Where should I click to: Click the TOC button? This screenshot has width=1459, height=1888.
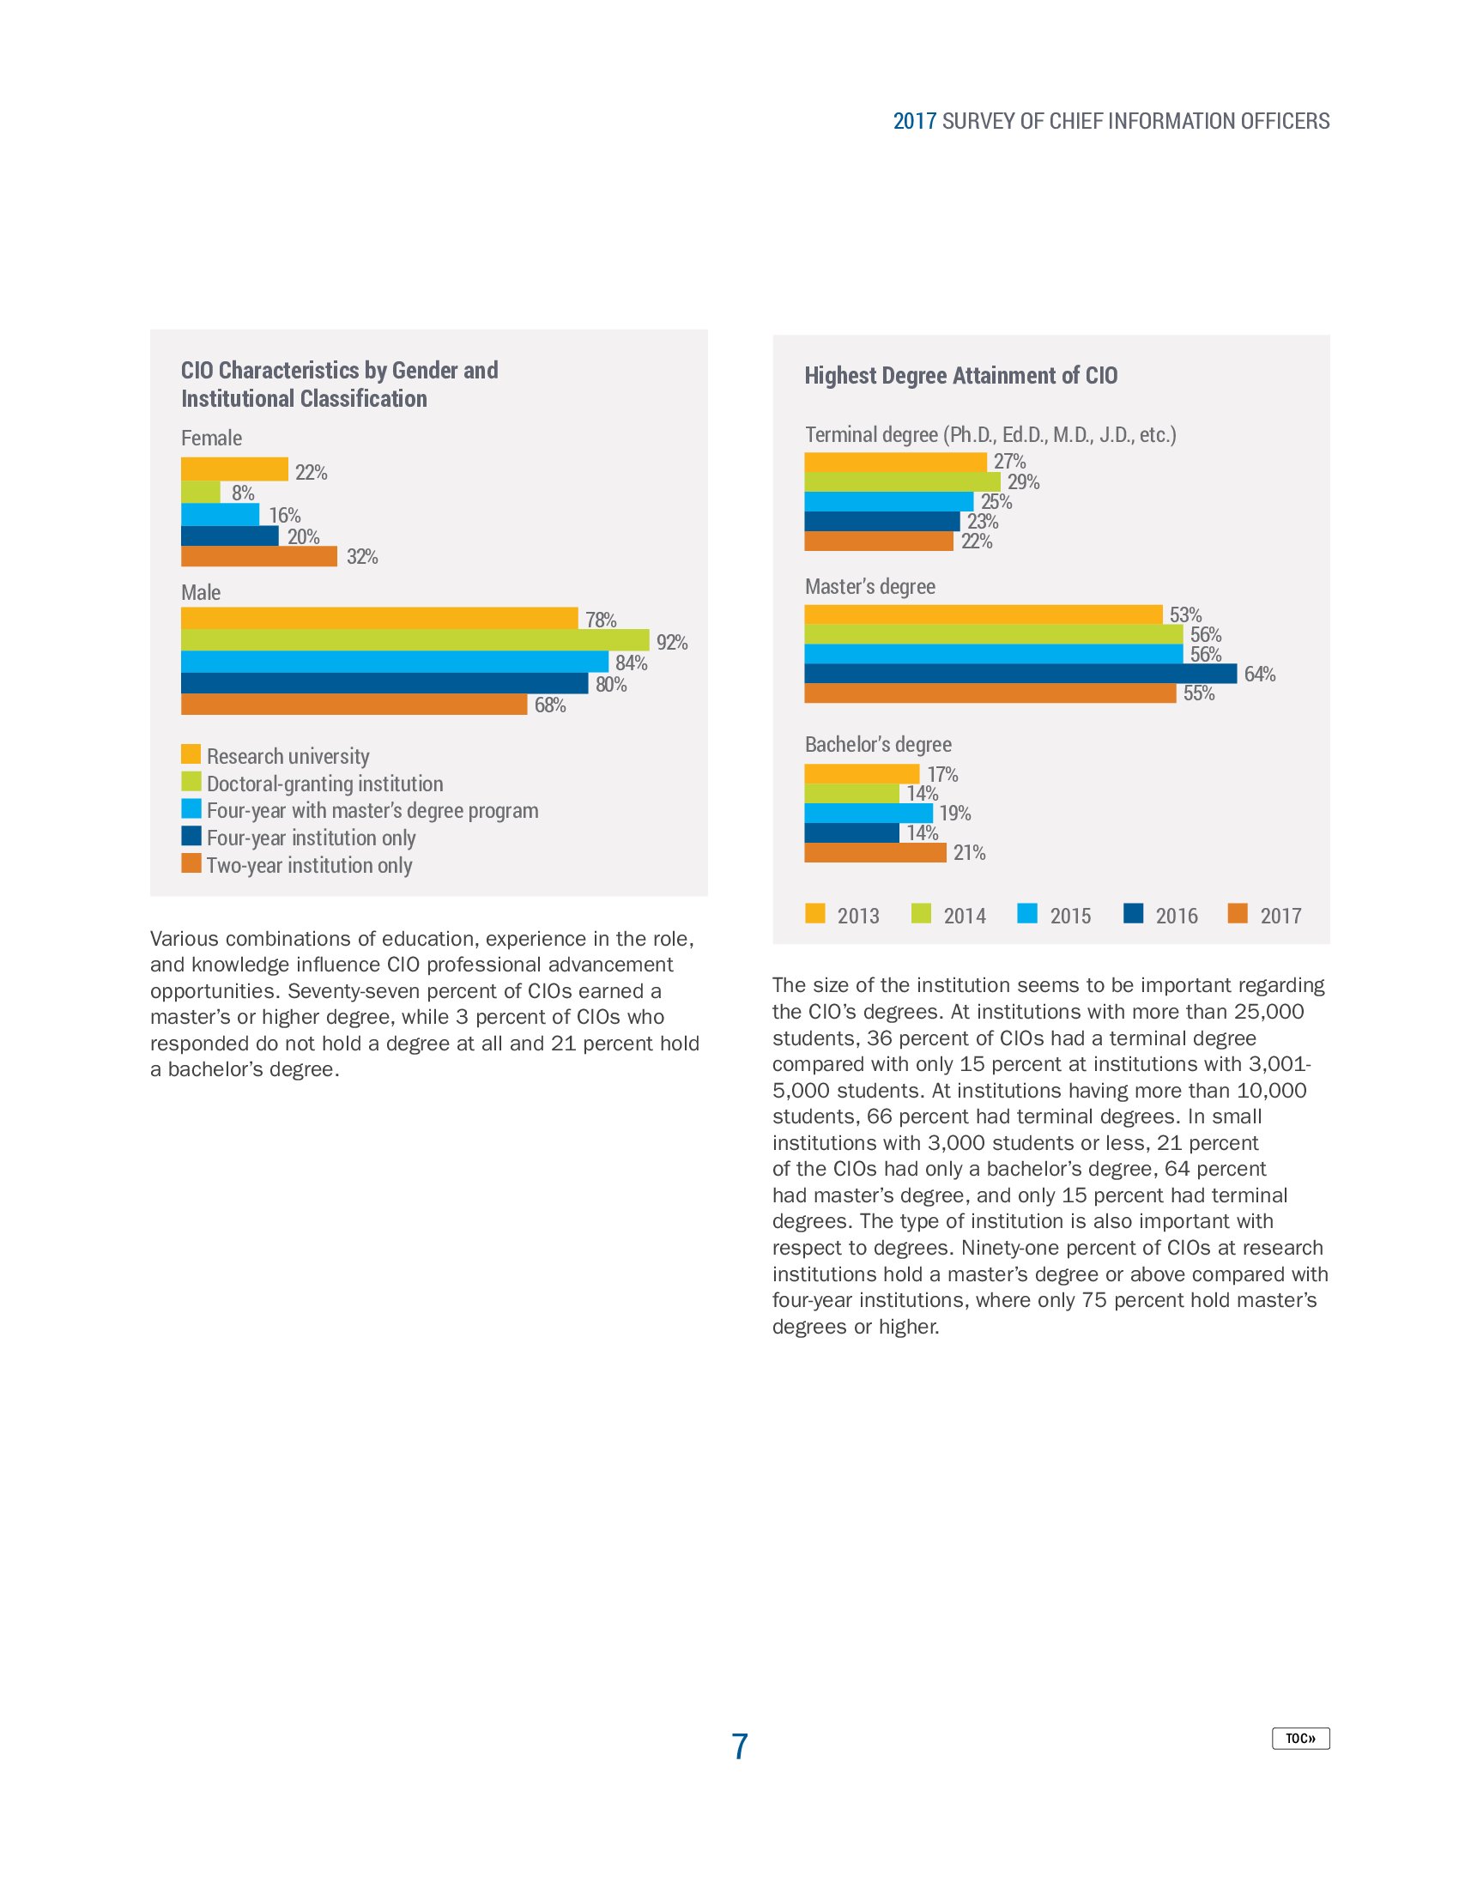click(1299, 1738)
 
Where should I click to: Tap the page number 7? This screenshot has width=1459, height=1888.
click(739, 1746)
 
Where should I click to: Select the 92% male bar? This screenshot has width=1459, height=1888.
click(415, 639)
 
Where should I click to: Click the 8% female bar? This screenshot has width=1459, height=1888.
click(201, 492)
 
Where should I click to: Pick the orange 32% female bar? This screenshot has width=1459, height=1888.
click(258, 557)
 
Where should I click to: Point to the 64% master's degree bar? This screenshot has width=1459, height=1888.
click(1020, 674)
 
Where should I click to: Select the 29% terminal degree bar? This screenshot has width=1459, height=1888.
click(901, 481)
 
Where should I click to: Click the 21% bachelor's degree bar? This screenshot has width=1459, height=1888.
click(875, 852)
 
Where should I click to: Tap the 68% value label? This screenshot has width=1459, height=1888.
click(550, 705)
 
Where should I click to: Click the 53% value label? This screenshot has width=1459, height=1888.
click(1185, 614)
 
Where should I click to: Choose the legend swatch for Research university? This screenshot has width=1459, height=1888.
click(191, 753)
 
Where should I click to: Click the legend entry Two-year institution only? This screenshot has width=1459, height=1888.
click(309, 865)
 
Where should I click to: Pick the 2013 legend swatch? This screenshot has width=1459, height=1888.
click(814, 914)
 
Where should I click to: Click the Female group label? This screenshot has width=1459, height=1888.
click(211, 439)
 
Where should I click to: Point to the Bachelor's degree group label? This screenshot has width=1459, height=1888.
click(877, 744)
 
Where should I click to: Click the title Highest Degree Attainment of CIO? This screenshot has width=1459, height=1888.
click(960, 375)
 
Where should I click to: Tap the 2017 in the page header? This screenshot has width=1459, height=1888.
click(915, 121)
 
